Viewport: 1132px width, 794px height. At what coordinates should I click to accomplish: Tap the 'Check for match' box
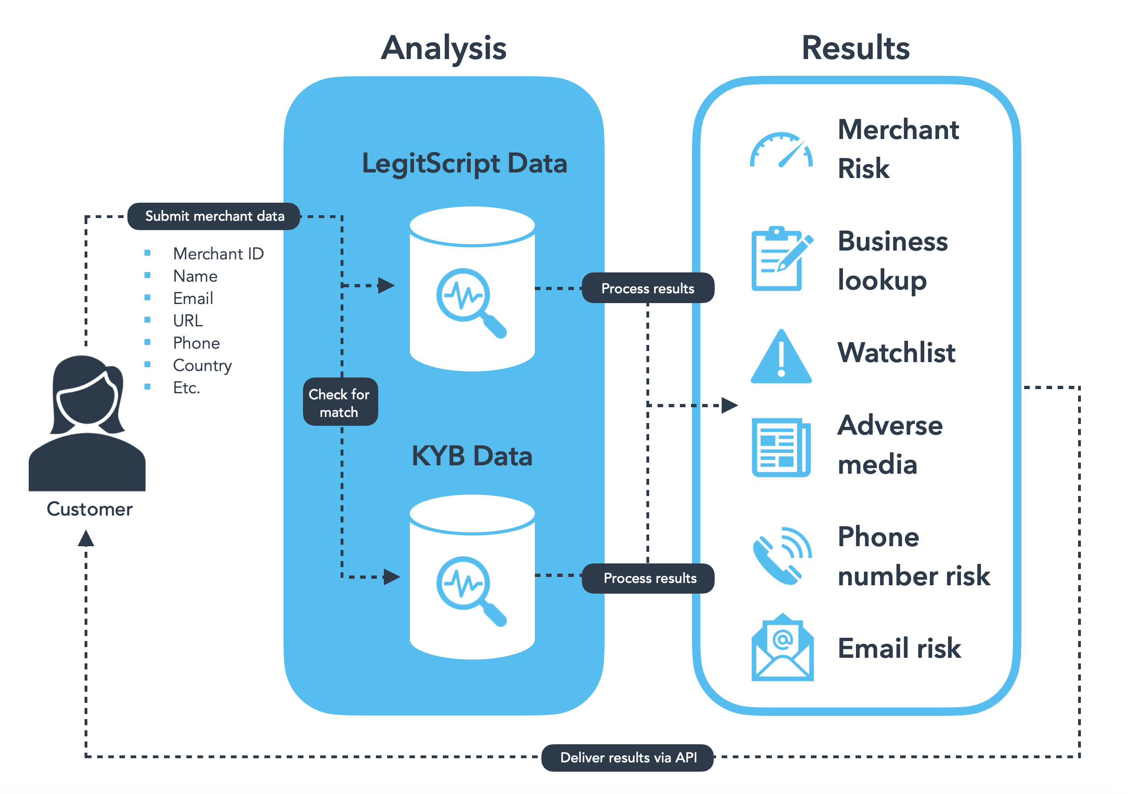[340, 403]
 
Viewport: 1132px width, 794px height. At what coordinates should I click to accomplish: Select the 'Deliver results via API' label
[628, 757]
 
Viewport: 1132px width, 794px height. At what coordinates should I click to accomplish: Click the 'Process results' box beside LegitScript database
[647, 288]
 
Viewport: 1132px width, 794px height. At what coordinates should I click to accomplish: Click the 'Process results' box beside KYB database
[649, 577]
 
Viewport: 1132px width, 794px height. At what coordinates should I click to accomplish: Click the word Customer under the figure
[89, 509]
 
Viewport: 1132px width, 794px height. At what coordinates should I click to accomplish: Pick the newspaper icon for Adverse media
[781, 447]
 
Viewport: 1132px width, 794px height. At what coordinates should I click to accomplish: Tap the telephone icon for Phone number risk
[781, 556]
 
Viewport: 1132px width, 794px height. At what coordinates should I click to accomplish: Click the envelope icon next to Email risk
[782, 648]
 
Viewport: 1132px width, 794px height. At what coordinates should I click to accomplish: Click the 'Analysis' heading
[443, 48]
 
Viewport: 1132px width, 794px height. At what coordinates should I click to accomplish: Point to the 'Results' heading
[856, 48]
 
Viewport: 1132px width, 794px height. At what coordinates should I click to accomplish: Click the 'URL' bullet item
[188, 321]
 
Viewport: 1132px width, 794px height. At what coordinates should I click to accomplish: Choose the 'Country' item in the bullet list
[202, 365]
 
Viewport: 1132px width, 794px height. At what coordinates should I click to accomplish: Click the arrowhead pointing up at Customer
[86, 538]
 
